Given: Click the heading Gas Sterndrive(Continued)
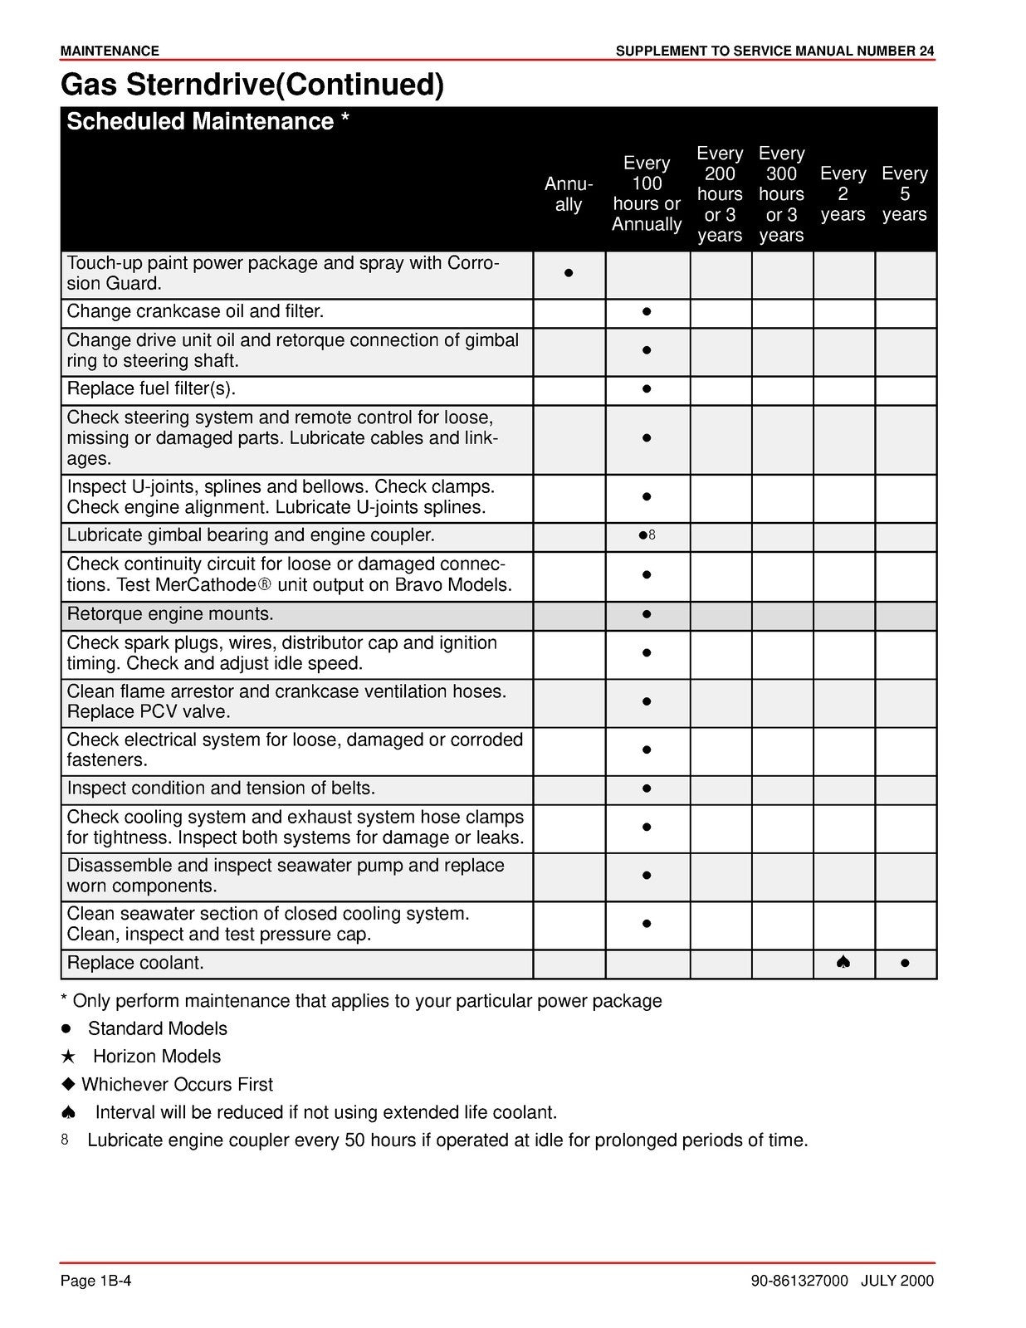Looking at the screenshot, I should [252, 85].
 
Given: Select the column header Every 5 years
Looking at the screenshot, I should [904, 194].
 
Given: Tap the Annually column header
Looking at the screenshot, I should [569, 194].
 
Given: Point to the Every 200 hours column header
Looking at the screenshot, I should [719, 194].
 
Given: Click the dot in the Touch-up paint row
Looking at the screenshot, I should [569, 273].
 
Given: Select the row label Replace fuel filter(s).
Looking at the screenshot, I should [152, 389].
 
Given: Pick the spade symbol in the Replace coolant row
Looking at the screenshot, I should [843, 963].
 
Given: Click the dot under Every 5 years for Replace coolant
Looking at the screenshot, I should [904, 964].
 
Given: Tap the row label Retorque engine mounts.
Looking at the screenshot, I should [170, 615].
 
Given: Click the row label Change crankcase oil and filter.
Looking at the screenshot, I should [195, 312].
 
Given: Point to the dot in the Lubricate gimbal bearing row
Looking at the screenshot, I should [642, 535].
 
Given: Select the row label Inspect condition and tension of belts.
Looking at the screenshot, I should [221, 788].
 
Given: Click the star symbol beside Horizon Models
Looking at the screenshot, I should [69, 1057].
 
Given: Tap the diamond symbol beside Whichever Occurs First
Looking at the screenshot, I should [69, 1085].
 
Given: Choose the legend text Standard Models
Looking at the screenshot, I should [158, 1029].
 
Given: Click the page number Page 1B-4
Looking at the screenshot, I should [96, 1282].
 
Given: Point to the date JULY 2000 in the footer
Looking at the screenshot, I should [897, 1282].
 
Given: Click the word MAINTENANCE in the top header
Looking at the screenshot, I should [110, 51].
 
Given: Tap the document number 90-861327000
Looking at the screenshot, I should [799, 1282].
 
